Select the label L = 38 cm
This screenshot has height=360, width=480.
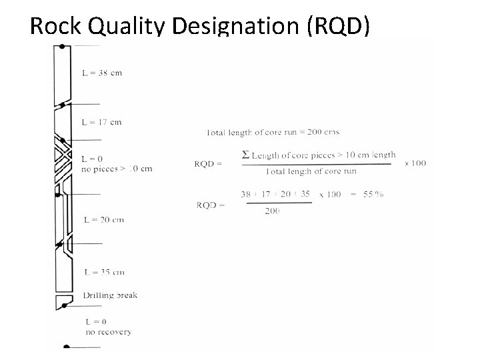pos(101,72)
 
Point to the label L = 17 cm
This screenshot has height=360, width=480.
pos(101,122)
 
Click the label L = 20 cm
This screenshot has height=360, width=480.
pos(103,219)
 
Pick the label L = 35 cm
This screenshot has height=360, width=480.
pos(103,272)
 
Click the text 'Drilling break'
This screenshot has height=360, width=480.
pos(110,295)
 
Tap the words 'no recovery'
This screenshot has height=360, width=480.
pos(108,331)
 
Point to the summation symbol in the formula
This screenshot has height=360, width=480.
pos(245,155)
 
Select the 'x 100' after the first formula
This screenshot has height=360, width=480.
pos(415,163)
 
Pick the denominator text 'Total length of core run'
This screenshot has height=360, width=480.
pos(311,171)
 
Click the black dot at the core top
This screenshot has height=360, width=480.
pos(62,47)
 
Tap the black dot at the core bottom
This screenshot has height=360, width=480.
pos(65,347)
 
